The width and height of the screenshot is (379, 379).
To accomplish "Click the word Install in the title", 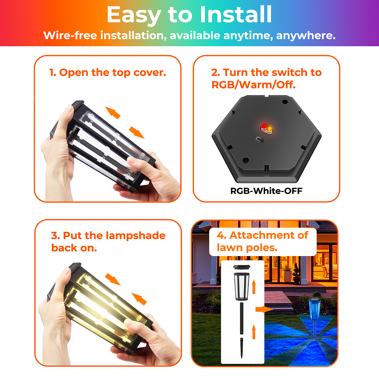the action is pyautogui.click(x=236, y=15).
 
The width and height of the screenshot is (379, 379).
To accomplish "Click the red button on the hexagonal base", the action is pyautogui.click(x=264, y=126).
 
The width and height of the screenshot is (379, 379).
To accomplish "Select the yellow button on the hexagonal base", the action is pyautogui.click(x=269, y=129).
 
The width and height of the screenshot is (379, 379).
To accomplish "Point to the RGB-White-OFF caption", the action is pyautogui.click(x=266, y=191).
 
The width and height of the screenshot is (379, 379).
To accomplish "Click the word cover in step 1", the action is pyautogui.click(x=150, y=73).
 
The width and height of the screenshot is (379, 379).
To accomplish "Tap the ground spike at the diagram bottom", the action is pyautogui.click(x=242, y=348).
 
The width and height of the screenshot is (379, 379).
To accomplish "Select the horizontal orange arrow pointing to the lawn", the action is pyautogui.click(x=264, y=309).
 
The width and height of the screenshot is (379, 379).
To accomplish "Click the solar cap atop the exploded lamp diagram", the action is pyautogui.click(x=242, y=267).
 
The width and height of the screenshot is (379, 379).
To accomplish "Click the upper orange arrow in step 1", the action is pyautogui.click(x=113, y=113).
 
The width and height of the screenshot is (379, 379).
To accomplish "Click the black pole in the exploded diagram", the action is pyautogui.click(x=242, y=318).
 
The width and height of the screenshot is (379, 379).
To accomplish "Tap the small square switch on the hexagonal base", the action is pyautogui.click(x=260, y=139).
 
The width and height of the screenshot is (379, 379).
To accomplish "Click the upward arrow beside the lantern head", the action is pyautogui.click(x=254, y=287).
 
